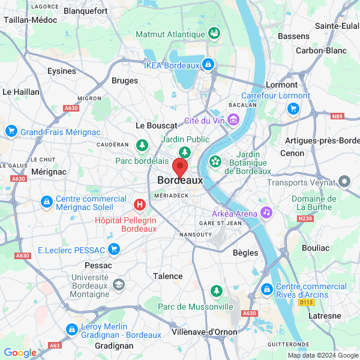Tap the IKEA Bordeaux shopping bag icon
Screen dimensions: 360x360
[208, 64]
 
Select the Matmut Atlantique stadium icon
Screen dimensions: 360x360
[213, 34]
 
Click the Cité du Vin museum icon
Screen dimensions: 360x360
[233, 120]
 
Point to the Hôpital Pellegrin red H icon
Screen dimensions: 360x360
[140, 205]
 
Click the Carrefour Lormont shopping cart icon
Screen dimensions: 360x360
[293, 109]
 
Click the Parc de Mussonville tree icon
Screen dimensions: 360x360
[216, 292]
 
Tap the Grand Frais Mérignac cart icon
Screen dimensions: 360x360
[11, 131]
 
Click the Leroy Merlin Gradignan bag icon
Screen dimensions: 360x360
[71, 329]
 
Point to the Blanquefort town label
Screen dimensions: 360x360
[85, 11]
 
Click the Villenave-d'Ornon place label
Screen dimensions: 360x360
[204, 332]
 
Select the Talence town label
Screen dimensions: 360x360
[168, 276]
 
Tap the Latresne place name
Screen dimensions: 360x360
[324, 316]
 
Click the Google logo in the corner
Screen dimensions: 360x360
[20, 353]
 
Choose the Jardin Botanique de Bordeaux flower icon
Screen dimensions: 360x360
[215, 162]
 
